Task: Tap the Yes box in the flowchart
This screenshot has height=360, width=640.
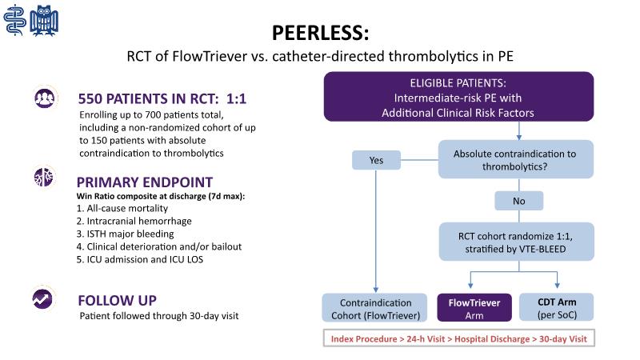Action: pyautogui.click(x=376, y=160)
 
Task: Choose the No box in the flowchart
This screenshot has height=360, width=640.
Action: pyautogui.click(x=518, y=200)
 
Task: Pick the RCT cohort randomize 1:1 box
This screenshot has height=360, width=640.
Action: pyautogui.click(x=515, y=241)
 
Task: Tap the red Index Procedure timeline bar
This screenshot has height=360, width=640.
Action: pyautogui.click(x=458, y=339)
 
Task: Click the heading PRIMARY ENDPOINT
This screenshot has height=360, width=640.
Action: pyautogui.click(x=145, y=182)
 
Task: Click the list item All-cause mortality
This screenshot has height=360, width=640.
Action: pyautogui.click(x=112, y=208)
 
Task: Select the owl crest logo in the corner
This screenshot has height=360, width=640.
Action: pyautogui.click(x=46, y=18)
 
